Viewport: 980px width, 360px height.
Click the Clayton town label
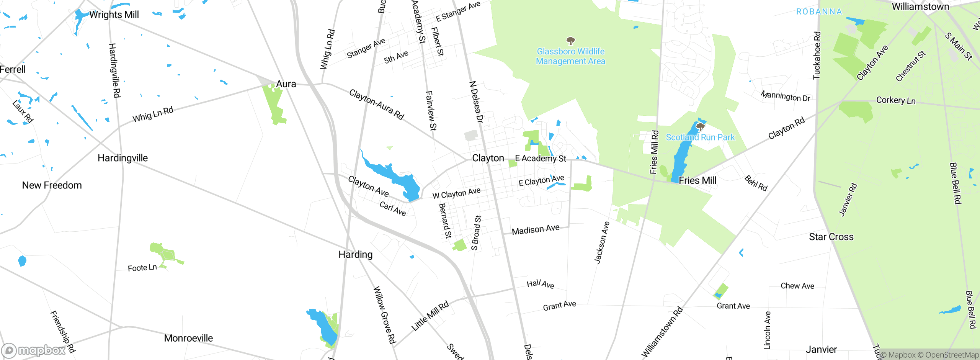(x=488, y=158)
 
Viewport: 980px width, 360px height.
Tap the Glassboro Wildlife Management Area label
(x=570, y=56)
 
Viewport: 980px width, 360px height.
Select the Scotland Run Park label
(x=700, y=137)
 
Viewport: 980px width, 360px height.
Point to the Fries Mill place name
(x=697, y=180)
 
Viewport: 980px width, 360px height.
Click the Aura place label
(x=286, y=84)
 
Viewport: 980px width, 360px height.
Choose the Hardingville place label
(x=122, y=158)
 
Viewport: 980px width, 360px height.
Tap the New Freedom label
(x=52, y=185)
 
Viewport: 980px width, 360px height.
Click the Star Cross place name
(x=831, y=237)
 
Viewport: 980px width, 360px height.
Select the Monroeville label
(x=188, y=338)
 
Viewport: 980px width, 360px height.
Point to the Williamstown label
(x=920, y=7)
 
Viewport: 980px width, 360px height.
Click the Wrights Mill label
(x=114, y=15)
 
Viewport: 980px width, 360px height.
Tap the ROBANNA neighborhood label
(x=819, y=12)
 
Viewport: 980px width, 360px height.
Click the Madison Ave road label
(x=536, y=229)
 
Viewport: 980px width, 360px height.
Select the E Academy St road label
(x=540, y=159)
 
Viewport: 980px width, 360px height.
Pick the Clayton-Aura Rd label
(x=377, y=105)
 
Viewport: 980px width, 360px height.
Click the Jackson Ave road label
(x=602, y=243)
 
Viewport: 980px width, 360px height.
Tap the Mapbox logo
(x=34, y=350)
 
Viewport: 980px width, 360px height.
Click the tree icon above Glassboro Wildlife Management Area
(x=571, y=41)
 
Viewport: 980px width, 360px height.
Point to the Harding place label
(x=355, y=255)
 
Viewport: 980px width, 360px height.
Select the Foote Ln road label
(x=142, y=268)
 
